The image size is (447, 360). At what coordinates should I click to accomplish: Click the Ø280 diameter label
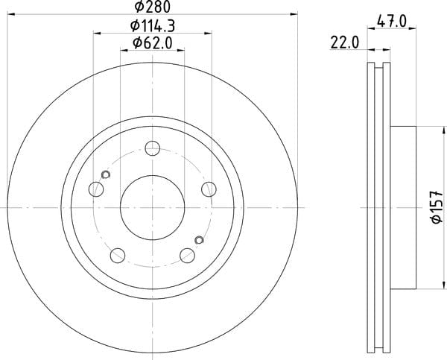click(153, 6)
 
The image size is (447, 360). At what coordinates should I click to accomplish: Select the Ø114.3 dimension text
click(153, 26)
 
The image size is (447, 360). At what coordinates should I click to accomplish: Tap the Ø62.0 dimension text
click(153, 43)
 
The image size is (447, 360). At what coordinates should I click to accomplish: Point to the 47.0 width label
click(391, 22)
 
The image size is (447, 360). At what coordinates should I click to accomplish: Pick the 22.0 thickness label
click(345, 43)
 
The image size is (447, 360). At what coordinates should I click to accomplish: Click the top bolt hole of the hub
click(153, 148)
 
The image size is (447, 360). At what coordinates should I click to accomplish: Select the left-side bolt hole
click(96, 189)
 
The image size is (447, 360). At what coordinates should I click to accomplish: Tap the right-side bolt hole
click(209, 189)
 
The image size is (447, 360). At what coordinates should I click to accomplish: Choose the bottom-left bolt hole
click(118, 256)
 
